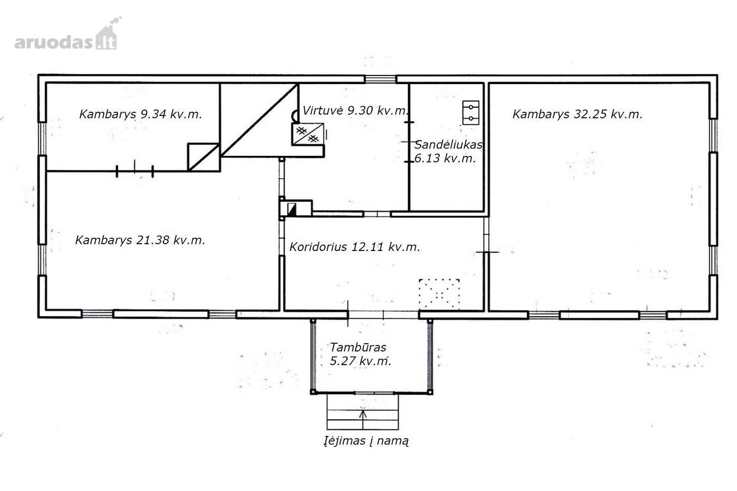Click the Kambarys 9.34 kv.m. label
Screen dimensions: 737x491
(141, 114)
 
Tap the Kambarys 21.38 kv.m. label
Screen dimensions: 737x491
(140, 240)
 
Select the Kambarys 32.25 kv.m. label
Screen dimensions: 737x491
(577, 114)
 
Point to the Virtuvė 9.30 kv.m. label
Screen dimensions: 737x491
(356, 110)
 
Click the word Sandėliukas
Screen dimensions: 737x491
(448, 144)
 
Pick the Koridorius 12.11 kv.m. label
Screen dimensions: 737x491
(355, 247)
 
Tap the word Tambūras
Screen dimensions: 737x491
(358, 347)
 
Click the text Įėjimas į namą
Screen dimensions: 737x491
(366, 441)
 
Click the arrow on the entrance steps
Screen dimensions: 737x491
(363, 420)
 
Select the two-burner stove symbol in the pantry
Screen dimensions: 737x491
(471, 112)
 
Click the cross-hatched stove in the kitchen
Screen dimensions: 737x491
(308, 134)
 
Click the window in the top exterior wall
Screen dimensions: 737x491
(380, 79)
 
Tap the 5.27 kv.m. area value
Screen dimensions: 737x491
(361, 361)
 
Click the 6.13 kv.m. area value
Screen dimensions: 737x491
(445, 158)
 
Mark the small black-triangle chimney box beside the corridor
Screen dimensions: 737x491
(292, 209)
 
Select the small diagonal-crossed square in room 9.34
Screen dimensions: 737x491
(203, 157)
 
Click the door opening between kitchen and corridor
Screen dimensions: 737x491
(377, 214)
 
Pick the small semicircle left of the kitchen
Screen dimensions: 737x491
(294, 116)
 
